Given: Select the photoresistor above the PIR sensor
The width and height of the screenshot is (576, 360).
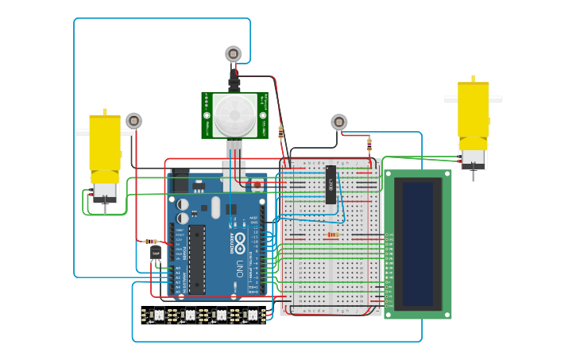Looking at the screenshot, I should point(233,54).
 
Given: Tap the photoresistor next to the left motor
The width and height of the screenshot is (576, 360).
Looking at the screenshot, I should point(133,121).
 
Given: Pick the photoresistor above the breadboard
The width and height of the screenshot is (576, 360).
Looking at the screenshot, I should point(339,122).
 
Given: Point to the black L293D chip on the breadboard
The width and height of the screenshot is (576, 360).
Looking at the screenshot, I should point(331,184).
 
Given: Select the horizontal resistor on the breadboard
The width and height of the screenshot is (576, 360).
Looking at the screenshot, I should point(332,234).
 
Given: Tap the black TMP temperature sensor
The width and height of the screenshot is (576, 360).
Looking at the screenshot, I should point(156,253).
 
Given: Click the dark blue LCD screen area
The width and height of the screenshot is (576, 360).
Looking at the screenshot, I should point(418,242).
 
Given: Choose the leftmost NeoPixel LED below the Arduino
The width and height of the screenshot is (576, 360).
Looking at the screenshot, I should point(158,315).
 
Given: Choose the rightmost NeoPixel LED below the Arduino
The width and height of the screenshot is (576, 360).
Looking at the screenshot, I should point(252,315).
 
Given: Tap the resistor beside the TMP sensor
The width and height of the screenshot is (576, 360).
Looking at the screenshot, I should point(152,242).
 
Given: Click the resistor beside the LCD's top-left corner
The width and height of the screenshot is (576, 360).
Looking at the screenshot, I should point(369,145).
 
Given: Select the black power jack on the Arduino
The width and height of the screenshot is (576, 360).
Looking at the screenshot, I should point(179,183).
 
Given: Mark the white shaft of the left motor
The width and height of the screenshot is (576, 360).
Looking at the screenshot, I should point(83,133).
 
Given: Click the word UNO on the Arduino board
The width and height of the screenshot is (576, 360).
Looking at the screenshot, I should point(238,269).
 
